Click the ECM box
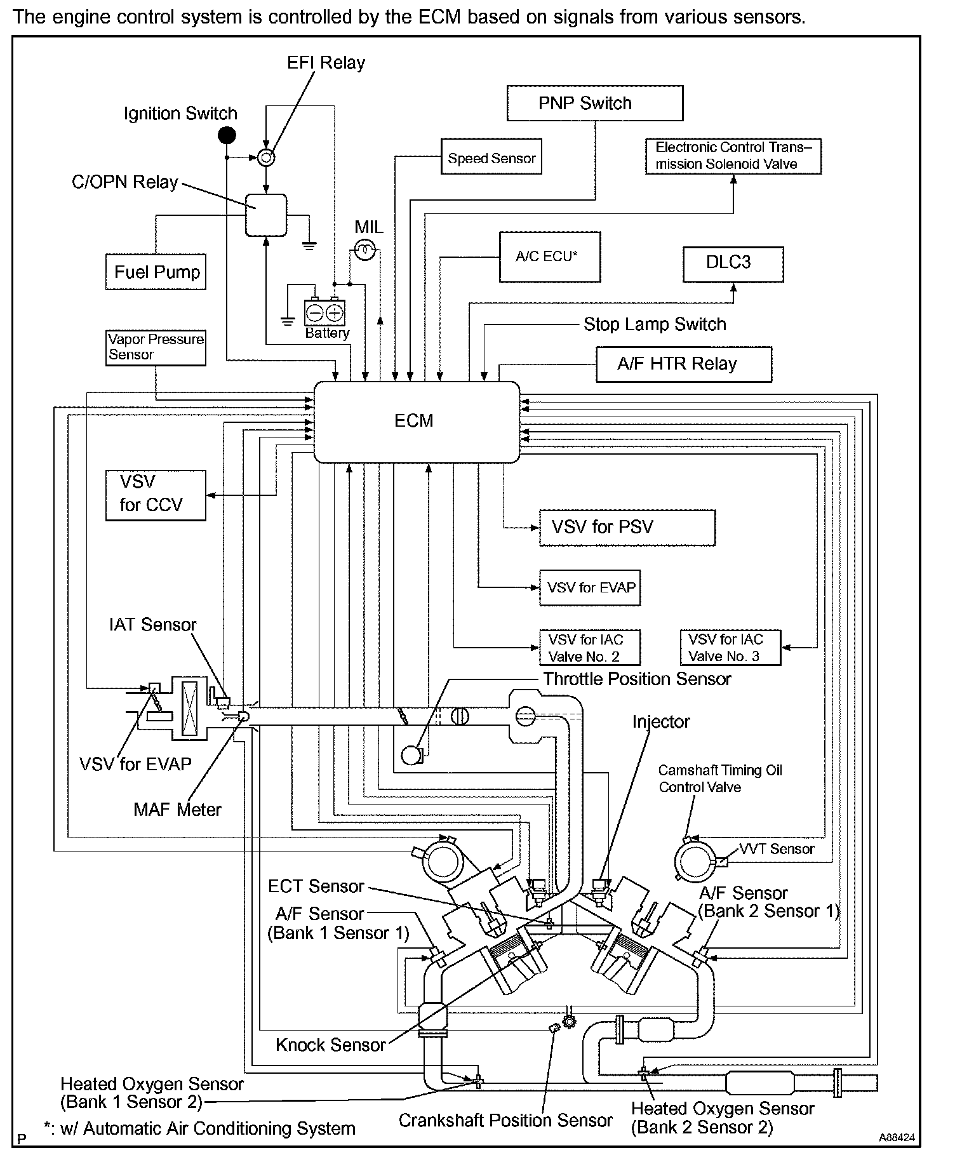click(x=417, y=422)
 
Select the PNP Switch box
click(x=595, y=104)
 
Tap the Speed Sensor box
click(x=491, y=157)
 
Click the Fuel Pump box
click(x=156, y=272)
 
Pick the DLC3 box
click(x=733, y=264)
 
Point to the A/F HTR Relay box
click(x=683, y=364)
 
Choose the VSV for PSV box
click(x=627, y=528)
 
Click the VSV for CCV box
click(x=156, y=495)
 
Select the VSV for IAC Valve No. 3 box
click(x=730, y=648)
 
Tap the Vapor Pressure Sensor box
click(x=156, y=347)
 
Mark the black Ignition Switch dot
click(x=227, y=135)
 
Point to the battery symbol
click(x=324, y=312)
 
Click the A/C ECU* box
click(x=549, y=257)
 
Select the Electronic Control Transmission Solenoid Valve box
click(x=733, y=156)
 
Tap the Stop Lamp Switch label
click(x=655, y=324)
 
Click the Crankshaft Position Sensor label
click(x=505, y=1121)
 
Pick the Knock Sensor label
click(x=330, y=1045)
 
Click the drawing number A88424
click(x=897, y=1138)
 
